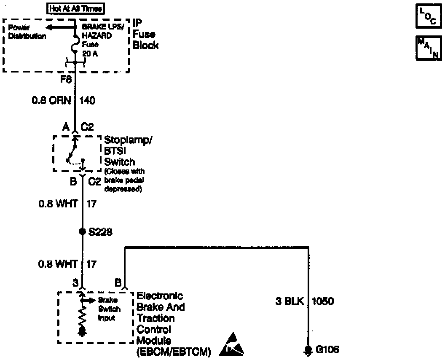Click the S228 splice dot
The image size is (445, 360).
click(x=82, y=231)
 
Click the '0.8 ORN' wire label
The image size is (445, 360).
click(x=52, y=100)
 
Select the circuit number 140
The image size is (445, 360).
click(x=87, y=100)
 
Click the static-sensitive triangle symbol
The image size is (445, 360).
click(x=232, y=344)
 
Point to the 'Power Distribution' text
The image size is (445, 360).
click(x=27, y=32)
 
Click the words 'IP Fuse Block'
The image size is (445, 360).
click(x=145, y=34)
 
